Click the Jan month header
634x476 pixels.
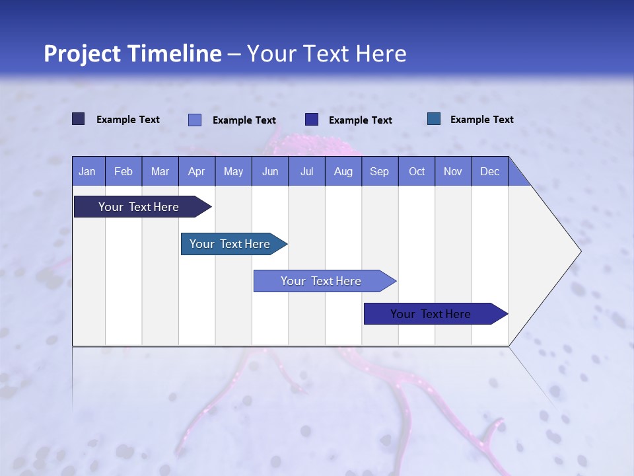click(87, 171)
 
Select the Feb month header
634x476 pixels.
click(123, 171)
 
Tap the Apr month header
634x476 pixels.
click(197, 171)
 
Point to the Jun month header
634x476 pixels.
click(270, 171)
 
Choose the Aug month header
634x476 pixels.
click(343, 171)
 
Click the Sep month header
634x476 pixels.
click(380, 171)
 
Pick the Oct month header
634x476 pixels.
click(417, 171)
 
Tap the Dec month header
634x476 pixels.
click(490, 171)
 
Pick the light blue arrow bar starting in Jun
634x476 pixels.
click(322, 281)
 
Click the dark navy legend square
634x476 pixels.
click(79, 119)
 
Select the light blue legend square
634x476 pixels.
click(195, 120)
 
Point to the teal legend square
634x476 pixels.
click(434, 119)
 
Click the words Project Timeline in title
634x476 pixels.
click(132, 54)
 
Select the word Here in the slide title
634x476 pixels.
click(381, 54)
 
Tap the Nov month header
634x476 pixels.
click(453, 171)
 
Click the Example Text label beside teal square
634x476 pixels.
click(481, 119)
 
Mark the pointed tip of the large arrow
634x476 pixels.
click(580, 251)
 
